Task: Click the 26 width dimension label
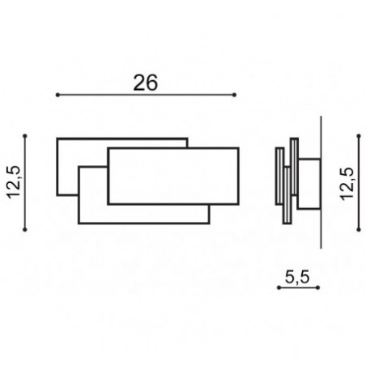click(x=145, y=83)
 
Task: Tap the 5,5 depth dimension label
click(x=297, y=278)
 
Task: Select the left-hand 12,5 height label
click(x=14, y=182)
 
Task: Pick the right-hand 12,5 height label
click(x=347, y=184)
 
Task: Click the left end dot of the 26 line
click(x=57, y=95)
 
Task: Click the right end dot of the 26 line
click(x=234, y=95)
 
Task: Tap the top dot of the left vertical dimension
click(x=25, y=136)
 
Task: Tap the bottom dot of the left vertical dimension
click(x=25, y=230)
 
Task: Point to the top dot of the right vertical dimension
click(x=359, y=136)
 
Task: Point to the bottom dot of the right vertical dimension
click(x=359, y=230)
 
